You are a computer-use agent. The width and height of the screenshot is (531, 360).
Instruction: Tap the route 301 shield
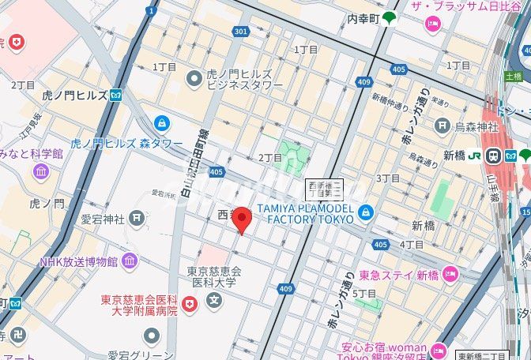click(242, 32)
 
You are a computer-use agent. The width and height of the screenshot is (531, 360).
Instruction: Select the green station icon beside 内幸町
click(390, 18)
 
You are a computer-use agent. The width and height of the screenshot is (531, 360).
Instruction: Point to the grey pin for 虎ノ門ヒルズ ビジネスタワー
click(194, 78)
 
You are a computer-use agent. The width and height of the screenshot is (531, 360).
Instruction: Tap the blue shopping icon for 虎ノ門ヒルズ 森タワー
click(162, 123)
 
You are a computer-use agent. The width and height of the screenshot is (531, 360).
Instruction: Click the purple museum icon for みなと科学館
click(41, 171)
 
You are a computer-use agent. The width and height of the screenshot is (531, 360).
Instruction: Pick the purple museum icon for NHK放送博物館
click(130, 261)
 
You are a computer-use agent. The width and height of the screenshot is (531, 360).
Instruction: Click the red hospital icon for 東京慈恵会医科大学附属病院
click(189, 303)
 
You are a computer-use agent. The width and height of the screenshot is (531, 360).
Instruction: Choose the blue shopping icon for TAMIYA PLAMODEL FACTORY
click(365, 212)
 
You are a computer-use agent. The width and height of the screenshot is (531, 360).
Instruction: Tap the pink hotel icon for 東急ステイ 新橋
click(450, 275)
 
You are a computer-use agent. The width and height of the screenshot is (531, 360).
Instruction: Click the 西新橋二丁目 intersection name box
click(324, 189)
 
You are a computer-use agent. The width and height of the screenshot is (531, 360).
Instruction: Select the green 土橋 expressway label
click(514, 77)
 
